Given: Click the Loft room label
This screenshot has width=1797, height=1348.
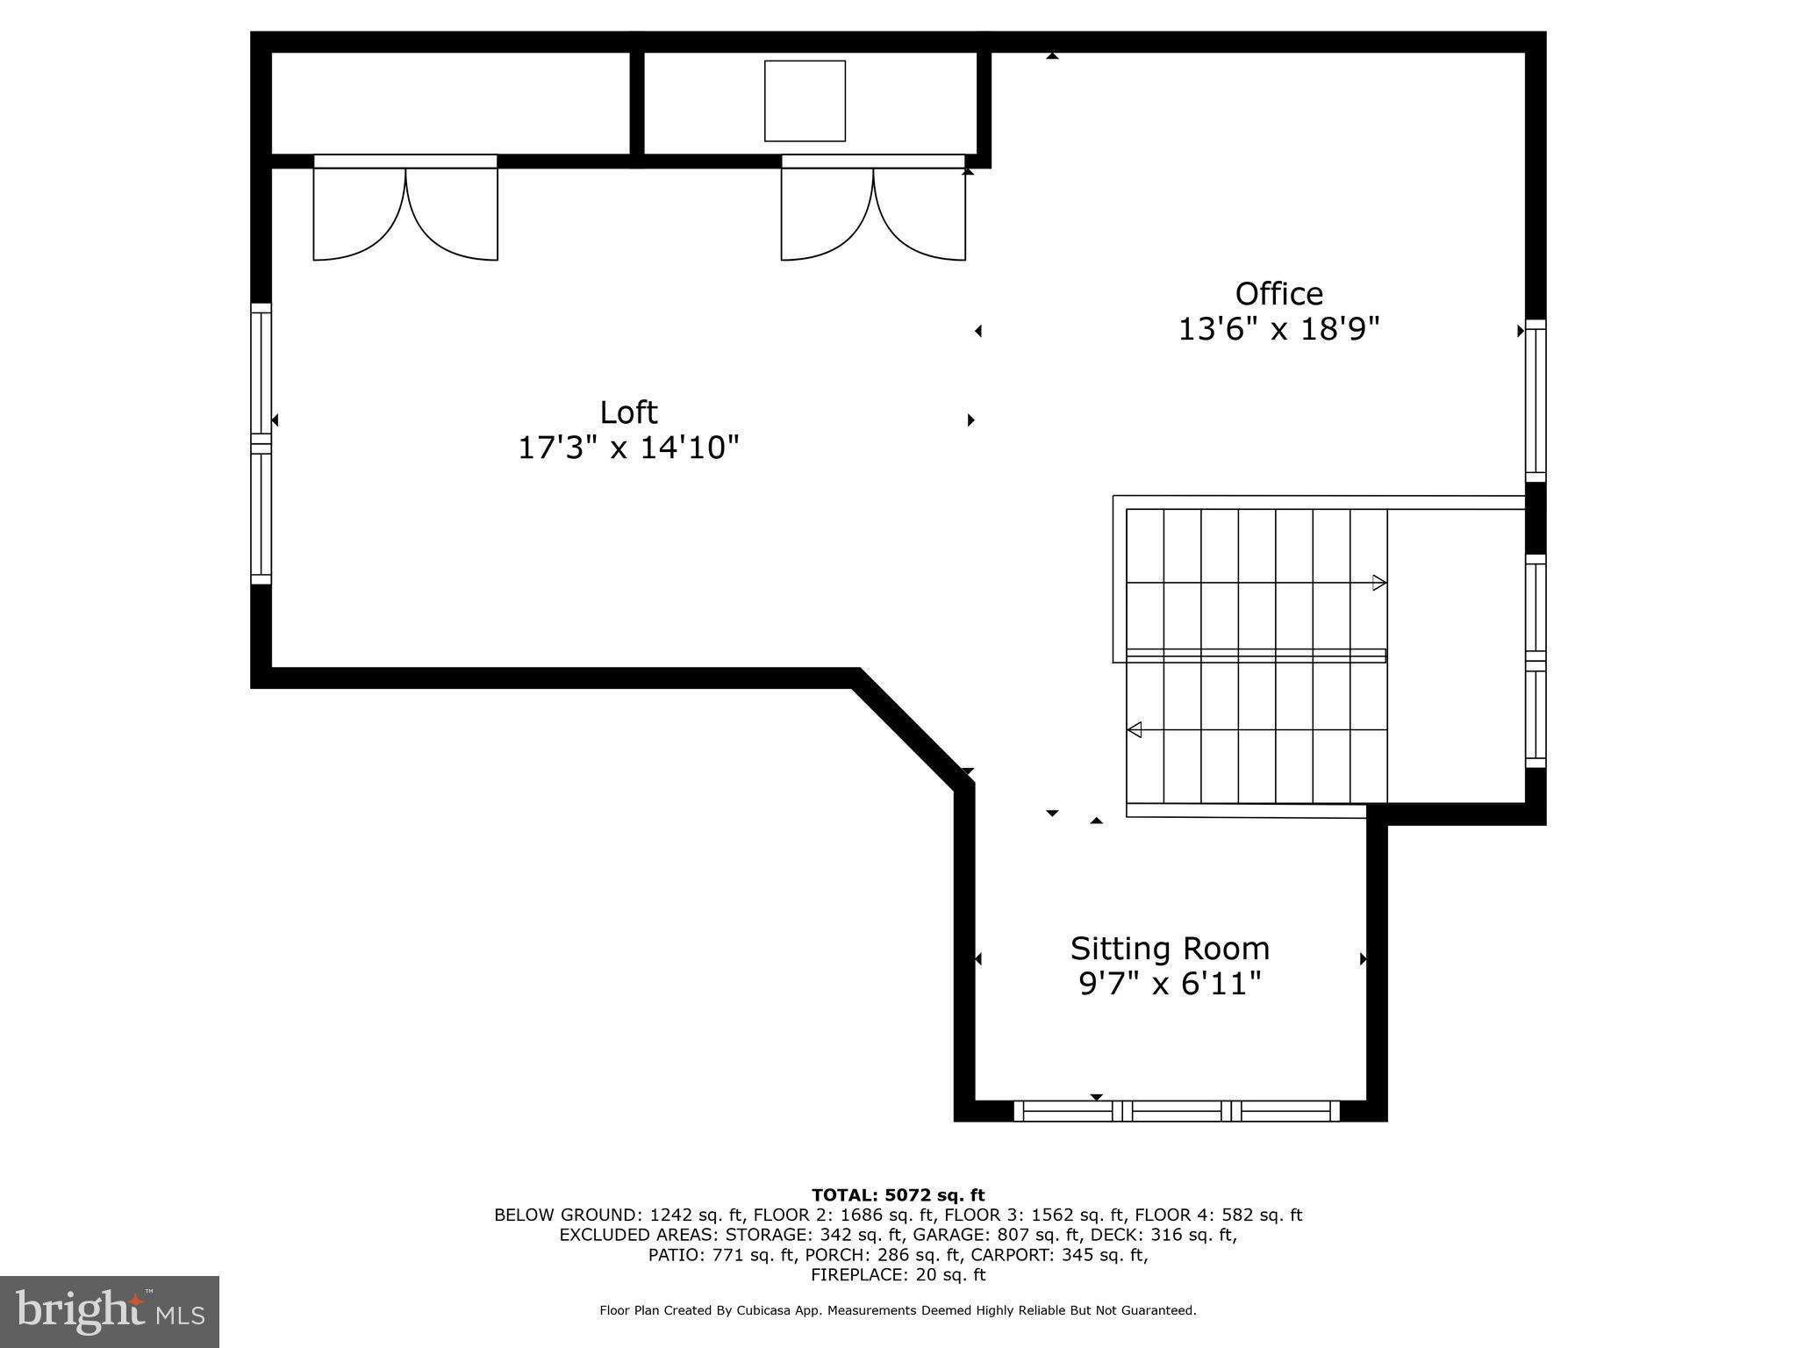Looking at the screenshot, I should coord(628,412).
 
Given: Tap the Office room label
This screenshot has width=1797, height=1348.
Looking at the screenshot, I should coord(1278,293).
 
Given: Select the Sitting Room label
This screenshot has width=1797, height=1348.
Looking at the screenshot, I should coord(1170,949).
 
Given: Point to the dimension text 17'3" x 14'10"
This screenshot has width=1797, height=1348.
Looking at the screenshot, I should coord(628,448).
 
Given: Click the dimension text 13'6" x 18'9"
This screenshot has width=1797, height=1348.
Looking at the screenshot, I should coord(1278,330).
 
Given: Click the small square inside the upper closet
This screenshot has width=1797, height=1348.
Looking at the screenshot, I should coord(805,101).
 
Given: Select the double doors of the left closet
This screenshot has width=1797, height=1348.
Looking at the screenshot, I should coord(405,211).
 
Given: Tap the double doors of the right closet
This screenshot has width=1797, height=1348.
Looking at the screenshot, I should coord(873,211).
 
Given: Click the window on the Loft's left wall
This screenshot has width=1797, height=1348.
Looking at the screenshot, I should coord(261,443).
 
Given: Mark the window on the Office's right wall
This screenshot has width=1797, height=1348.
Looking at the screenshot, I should coord(1535,400).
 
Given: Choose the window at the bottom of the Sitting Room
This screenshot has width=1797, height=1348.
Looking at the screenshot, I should coord(1177,1111).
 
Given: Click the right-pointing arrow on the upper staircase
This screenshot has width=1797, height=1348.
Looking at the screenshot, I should coord(1378,583).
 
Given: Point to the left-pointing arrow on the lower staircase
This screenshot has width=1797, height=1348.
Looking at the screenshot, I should coord(1135,729).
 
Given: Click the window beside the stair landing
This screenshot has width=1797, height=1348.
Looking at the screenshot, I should coord(1535,661).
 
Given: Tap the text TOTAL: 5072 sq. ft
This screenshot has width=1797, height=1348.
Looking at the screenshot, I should coord(898,1194).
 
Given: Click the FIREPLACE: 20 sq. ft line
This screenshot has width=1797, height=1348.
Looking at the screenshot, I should coord(898,1275).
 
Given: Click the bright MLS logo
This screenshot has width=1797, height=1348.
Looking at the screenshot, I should coord(110,1311).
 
